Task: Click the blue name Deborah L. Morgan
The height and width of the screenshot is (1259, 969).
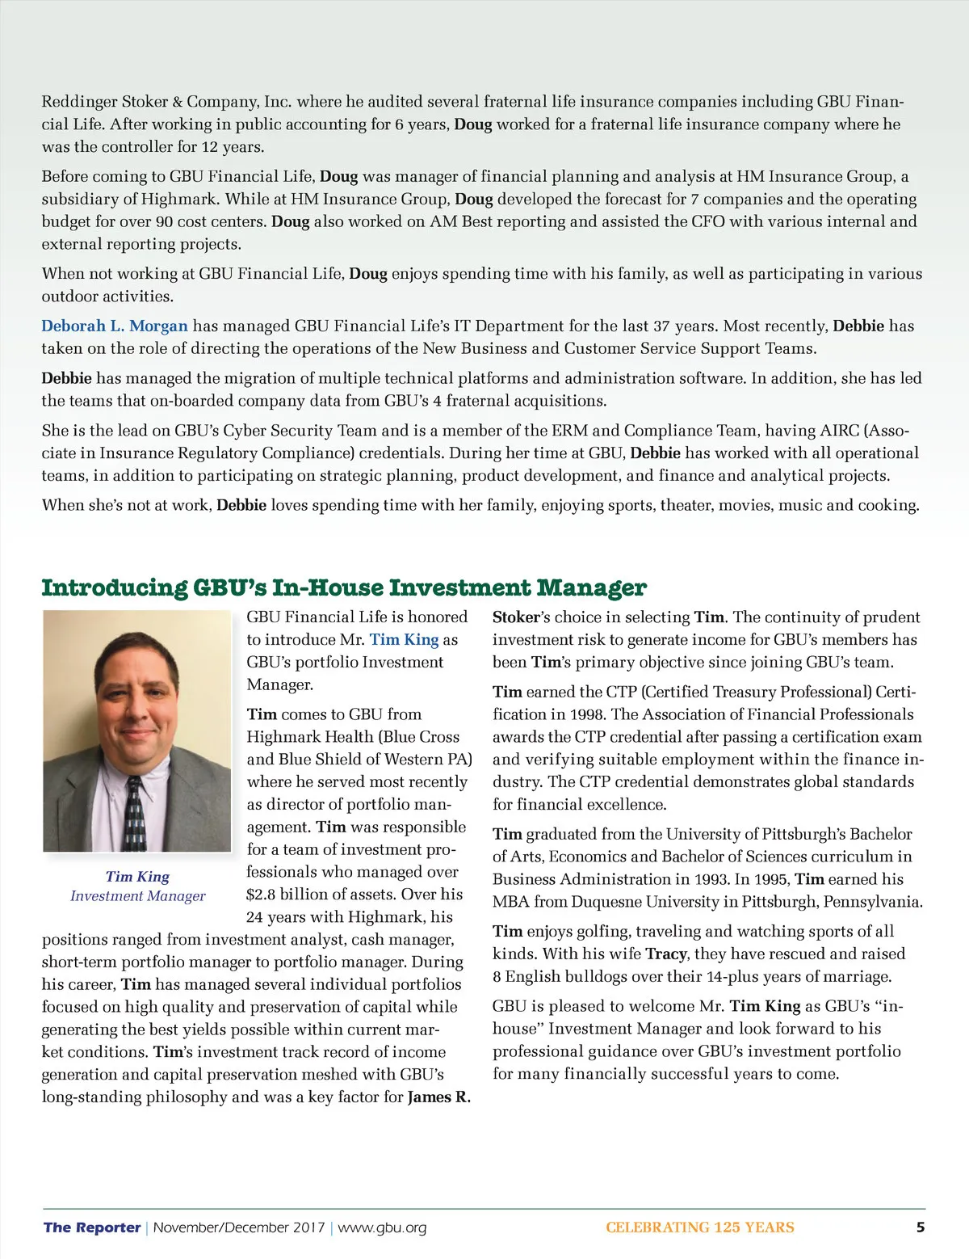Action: pos(115,326)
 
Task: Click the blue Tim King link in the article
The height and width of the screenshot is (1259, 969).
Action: pos(404,639)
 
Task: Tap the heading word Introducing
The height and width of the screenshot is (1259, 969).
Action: pos(114,587)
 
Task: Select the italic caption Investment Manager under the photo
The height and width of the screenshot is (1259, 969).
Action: pos(137,895)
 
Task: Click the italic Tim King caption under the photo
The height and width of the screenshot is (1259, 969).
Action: pos(137,876)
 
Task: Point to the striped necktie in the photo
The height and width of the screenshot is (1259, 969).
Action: pos(135,812)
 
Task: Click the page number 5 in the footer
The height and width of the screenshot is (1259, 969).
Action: pos(920,1227)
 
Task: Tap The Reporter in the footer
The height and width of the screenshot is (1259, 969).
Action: pos(92,1227)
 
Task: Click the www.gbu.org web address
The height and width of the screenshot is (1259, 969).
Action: pos(382,1227)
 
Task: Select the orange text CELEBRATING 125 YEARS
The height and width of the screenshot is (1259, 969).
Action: pos(699,1227)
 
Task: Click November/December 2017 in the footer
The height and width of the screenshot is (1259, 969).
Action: pos(239,1227)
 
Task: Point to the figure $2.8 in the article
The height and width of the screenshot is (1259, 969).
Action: pos(262,894)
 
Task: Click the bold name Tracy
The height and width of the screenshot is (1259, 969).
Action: pos(666,954)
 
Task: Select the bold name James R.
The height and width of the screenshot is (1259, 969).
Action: pos(438,1097)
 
